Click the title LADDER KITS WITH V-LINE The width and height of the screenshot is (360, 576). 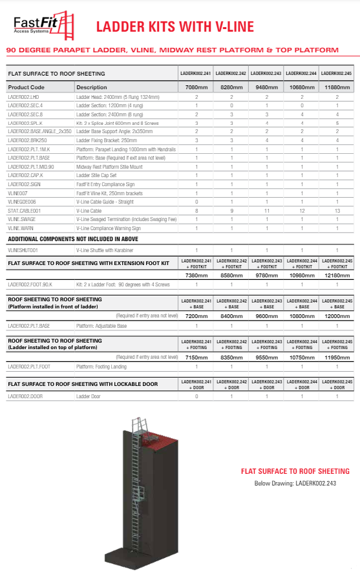click(x=175, y=27)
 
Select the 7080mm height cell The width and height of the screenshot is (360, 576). click(x=196, y=87)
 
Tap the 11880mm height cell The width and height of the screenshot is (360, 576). click(x=335, y=87)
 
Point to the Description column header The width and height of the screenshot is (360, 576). click(x=92, y=87)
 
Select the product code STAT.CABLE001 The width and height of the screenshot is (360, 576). click(x=24, y=210)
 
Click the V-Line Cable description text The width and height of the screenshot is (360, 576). click(x=91, y=210)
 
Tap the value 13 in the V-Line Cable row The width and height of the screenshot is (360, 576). click(x=335, y=210)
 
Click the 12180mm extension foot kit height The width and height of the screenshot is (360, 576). click(x=335, y=275)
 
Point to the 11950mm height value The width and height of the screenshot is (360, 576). click(x=335, y=357)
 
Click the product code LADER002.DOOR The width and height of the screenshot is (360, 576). click(x=25, y=396)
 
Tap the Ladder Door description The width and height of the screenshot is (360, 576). click(x=89, y=396)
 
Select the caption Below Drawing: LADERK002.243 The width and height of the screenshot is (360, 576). click(x=295, y=482)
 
